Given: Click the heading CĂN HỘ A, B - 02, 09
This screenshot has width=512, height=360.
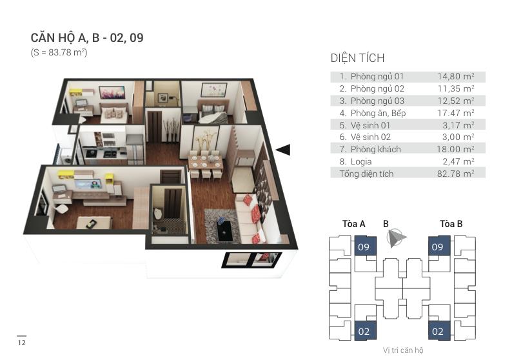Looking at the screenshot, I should [x=87, y=38].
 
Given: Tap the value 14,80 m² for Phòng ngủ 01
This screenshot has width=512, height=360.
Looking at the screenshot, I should [x=456, y=76].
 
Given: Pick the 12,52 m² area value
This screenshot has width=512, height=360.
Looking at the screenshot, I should [x=456, y=101].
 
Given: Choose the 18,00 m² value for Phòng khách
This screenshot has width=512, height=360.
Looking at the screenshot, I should [x=456, y=149].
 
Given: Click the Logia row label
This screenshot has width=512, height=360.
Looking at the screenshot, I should [x=360, y=161].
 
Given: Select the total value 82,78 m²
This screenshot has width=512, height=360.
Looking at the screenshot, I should [x=456, y=174].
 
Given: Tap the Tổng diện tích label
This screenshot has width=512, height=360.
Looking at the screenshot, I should [x=366, y=174].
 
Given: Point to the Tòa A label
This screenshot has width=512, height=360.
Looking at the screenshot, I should [x=354, y=225].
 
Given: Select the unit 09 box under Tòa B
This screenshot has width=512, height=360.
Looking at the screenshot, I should [x=437, y=246].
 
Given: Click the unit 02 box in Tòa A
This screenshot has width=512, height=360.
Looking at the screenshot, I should [x=363, y=331].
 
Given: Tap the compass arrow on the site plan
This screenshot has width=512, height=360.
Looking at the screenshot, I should [x=396, y=239].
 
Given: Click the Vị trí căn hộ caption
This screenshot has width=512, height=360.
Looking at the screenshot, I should [x=403, y=350].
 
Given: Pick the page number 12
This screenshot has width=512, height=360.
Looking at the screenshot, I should [x=21, y=342].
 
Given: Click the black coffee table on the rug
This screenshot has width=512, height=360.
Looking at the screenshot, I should [x=224, y=230].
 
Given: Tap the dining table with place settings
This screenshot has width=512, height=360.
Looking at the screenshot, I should [x=204, y=159].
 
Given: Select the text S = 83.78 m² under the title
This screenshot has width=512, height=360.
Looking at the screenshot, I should [x=59, y=52].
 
